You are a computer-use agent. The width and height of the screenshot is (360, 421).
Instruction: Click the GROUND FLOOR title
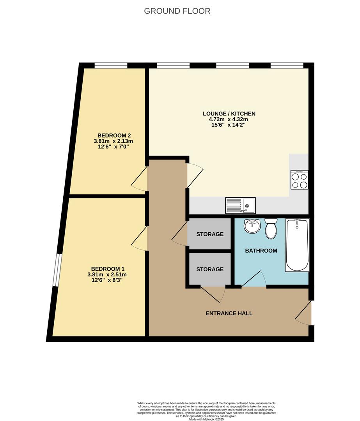pos(177,11)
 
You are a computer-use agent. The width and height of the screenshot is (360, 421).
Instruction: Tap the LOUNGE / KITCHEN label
pos(229,114)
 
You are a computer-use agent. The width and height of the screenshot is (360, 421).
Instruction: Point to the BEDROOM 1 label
pos(108,269)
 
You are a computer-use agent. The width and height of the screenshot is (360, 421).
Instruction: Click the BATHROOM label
pos(261,251)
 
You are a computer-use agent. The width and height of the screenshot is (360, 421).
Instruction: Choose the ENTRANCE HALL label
pos(229,313)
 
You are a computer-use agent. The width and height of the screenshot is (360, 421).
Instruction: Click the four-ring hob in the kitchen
pos(299,180)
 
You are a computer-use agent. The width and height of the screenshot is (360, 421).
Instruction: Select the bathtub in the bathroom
pos(297,245)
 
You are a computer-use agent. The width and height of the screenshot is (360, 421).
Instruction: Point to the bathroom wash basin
pos(252,226)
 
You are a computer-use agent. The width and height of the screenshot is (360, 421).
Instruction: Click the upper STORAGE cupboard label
pos(210,234)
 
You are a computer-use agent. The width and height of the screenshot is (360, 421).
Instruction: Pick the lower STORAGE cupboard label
pos(210,269)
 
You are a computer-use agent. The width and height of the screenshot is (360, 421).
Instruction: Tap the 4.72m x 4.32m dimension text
pos(229,120)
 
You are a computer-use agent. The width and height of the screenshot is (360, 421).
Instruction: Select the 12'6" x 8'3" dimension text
pos(108,280)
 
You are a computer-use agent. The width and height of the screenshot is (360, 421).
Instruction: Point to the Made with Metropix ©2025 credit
pos(207,419)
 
